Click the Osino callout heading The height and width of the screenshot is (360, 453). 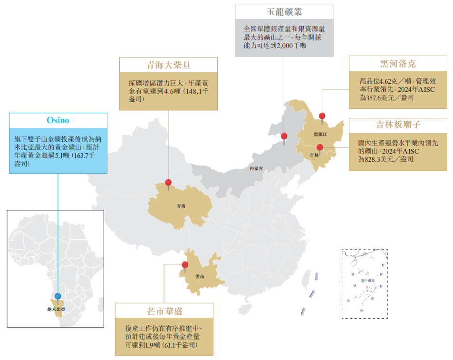(58, 120)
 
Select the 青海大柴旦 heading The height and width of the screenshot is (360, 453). (168, 65)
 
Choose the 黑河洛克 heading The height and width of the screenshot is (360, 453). (398, 63)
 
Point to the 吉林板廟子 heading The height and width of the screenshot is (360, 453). (398, 125)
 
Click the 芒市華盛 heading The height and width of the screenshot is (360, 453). (164, 311)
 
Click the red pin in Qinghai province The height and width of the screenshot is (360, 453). (168, 183)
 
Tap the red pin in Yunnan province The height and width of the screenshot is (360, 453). (185, 265)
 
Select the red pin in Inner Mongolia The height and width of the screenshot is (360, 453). (284, 136)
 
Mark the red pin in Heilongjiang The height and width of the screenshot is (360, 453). (322, 116)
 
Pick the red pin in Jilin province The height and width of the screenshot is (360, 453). (320, 147)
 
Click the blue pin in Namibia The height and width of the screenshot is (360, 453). (58, 296)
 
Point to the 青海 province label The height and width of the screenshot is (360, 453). (181, 206)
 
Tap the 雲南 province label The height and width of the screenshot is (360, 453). (200, 276)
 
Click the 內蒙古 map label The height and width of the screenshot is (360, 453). (256, 168)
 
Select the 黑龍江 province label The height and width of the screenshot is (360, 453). (320, 134)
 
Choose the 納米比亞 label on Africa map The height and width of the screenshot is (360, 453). (57, 309)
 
